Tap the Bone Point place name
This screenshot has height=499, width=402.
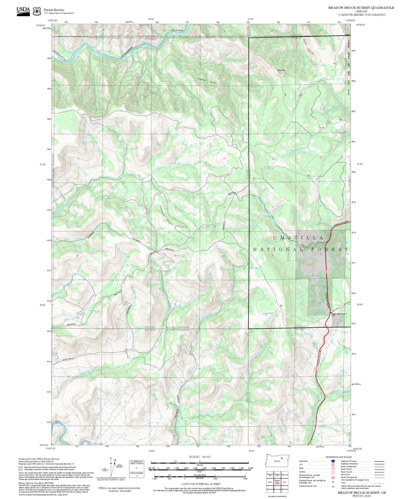(x=281, y=70)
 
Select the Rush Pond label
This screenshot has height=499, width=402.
(x=255, y=268)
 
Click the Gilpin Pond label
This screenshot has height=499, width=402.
(x=268, y=313)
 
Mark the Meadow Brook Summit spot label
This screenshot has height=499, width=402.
(x=339, y=314)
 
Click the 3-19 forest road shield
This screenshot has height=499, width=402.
(x=300, y=243)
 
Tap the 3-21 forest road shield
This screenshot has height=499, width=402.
(x=341, y=307)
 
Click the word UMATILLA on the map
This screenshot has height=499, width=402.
(x=298, y=238)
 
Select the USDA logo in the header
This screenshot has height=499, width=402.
(x=23, y=11)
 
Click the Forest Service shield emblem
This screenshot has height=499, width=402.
(x=37, y=11)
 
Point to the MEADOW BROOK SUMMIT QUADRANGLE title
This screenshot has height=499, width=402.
(x=361, y=8)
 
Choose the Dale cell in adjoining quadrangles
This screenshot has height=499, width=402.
(x=284, y=482)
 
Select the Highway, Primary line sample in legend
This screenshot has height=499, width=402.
(x=379, y=461)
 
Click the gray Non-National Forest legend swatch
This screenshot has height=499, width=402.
(x=21, y=468)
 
